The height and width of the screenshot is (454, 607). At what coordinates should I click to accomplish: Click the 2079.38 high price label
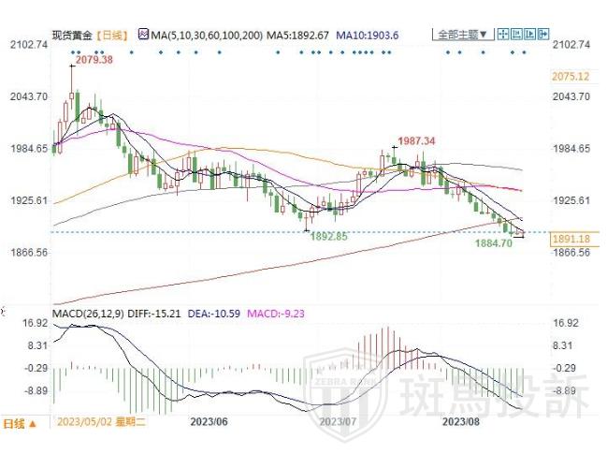tap(94, 60)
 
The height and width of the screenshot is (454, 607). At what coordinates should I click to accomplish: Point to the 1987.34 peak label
tap(417, 140)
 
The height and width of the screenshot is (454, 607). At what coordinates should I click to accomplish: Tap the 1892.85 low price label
tap(328, 237)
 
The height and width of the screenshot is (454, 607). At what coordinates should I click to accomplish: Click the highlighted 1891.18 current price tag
tap(571, 239)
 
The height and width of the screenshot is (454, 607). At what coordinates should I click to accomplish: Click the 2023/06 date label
tap(210, 421)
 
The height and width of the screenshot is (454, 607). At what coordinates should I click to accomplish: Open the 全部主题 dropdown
tap(460, 35)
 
